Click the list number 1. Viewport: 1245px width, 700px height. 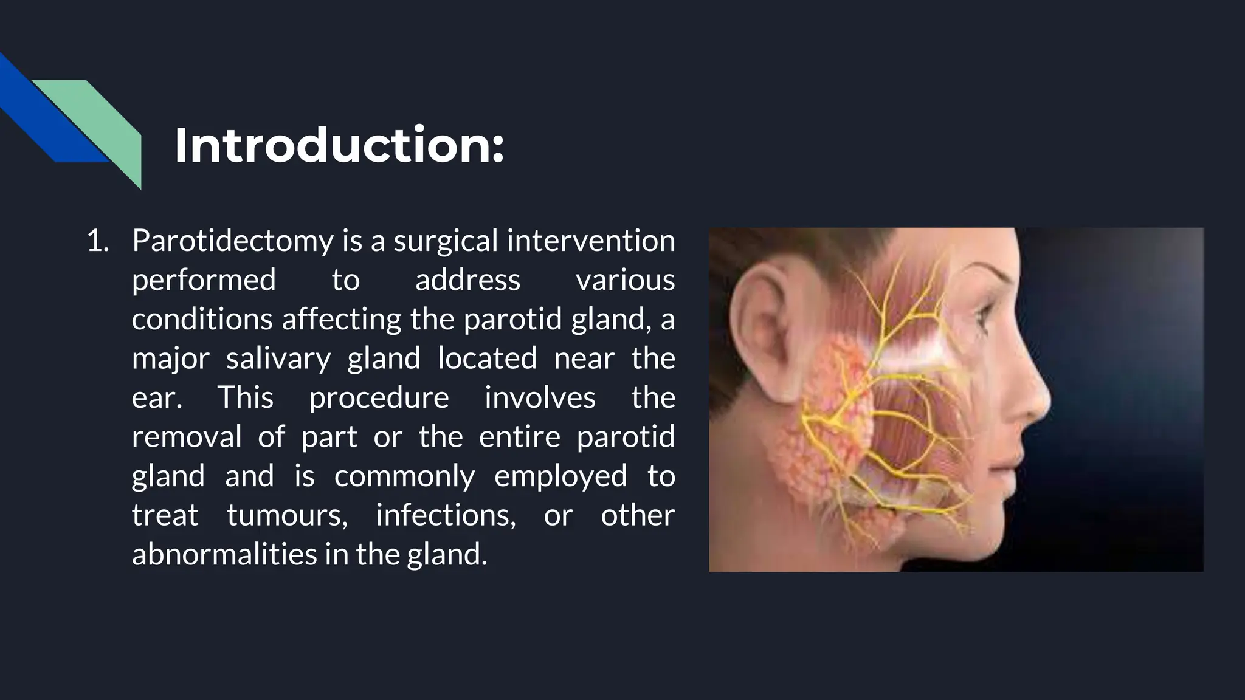click(97, 241)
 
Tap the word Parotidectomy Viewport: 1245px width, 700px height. click(232, 241)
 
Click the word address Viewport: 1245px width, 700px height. click(467, 280)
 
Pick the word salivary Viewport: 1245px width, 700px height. click(278, 359)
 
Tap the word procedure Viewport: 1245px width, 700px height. click(379, 398)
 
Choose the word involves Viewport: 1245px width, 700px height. click(540, 397)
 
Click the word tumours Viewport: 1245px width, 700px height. click(287, 515)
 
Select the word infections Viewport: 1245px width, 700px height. click(446, 515)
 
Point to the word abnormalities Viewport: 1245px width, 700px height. click(224, 554)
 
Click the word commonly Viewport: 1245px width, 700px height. click(404, 476)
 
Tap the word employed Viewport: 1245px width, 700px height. click(560, 476)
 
